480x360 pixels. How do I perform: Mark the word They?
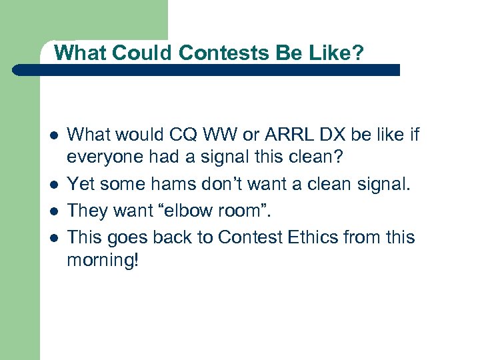[87, 210]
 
